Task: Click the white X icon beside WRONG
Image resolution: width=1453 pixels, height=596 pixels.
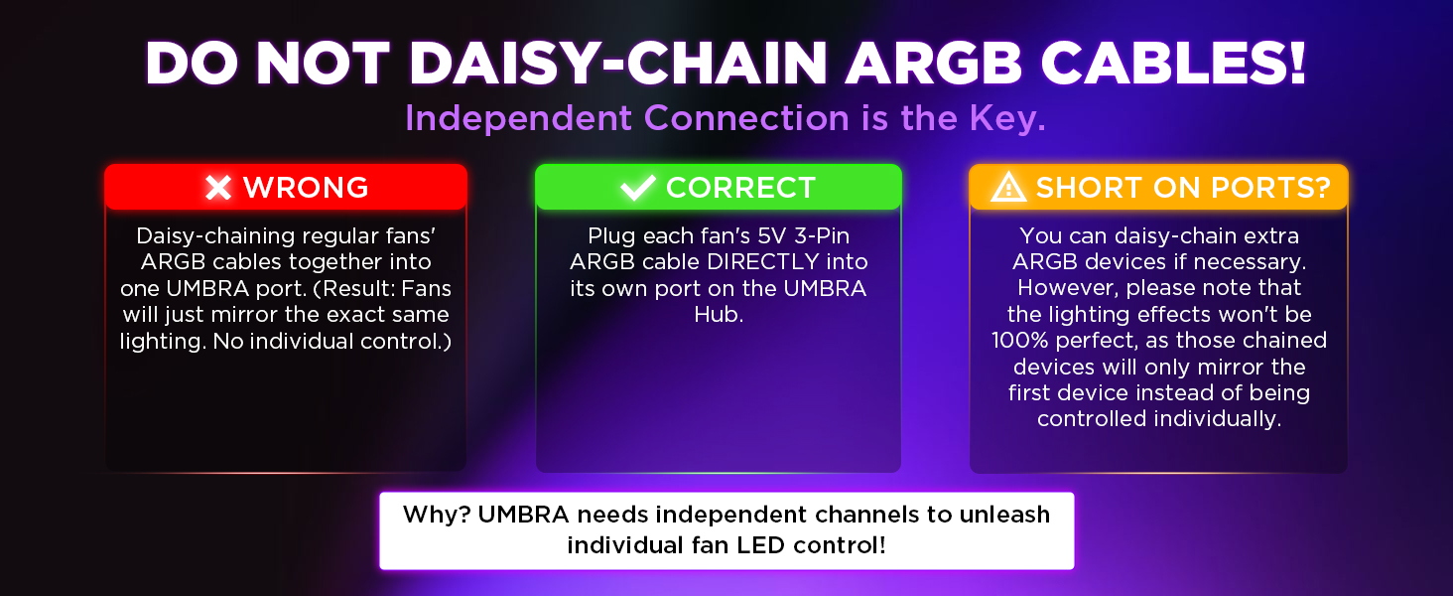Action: coord(218,188)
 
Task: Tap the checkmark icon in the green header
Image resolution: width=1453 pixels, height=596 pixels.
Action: coord(637,188)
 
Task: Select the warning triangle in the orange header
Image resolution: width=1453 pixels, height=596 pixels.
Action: coord(1008,187)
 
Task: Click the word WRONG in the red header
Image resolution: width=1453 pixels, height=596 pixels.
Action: coord(306,188)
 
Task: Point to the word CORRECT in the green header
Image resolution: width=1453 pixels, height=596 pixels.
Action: coord(740,188)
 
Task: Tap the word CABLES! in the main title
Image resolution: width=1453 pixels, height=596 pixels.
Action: coord(1173,63)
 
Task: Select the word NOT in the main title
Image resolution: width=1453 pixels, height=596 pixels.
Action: coord(323,63)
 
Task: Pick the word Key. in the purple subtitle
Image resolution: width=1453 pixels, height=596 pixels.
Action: coord(1007,118)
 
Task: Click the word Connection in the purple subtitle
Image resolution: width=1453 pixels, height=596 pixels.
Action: coord(746,118)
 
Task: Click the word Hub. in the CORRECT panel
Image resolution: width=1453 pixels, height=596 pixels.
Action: coord(719,314)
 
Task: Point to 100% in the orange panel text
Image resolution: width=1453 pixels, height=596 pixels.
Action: coord(1020,340)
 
